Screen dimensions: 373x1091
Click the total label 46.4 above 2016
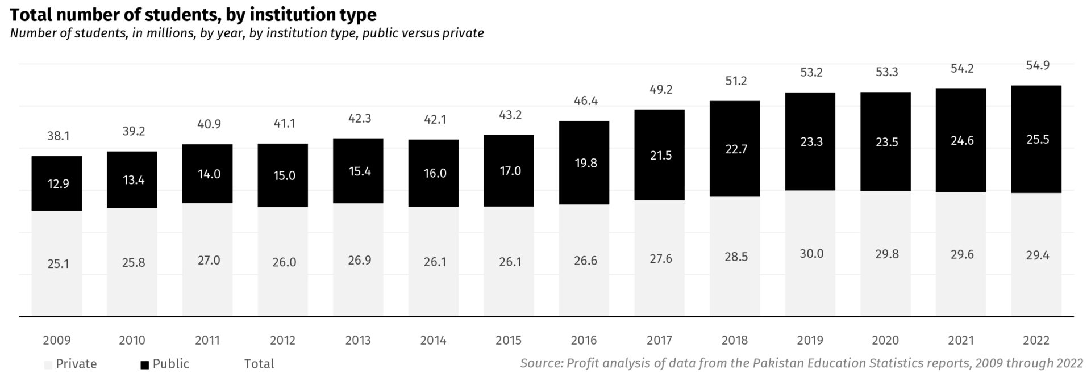click(585, 101)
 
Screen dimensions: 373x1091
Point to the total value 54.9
click(1038, 66)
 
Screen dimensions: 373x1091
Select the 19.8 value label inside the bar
click(585, 164)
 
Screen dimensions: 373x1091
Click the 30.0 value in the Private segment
click(811, 254)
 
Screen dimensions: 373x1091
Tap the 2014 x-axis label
click(433, 341)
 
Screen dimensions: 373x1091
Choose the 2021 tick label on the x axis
click(961, 341)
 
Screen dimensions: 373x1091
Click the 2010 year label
click(132, 341)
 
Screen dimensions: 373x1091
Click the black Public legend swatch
click(145, 365)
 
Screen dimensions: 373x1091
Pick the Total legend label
click(259, 364)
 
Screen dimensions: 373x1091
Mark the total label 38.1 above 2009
click(58, 136)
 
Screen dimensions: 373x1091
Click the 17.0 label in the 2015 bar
click(510, 171)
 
